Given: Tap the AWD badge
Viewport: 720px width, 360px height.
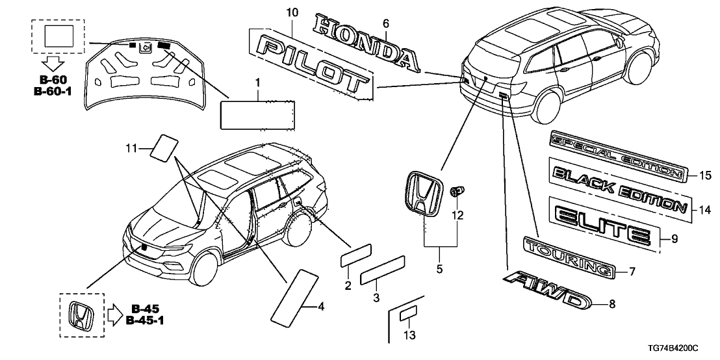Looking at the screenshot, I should click(547, 290).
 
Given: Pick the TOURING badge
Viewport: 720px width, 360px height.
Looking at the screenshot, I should click(569, 257).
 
